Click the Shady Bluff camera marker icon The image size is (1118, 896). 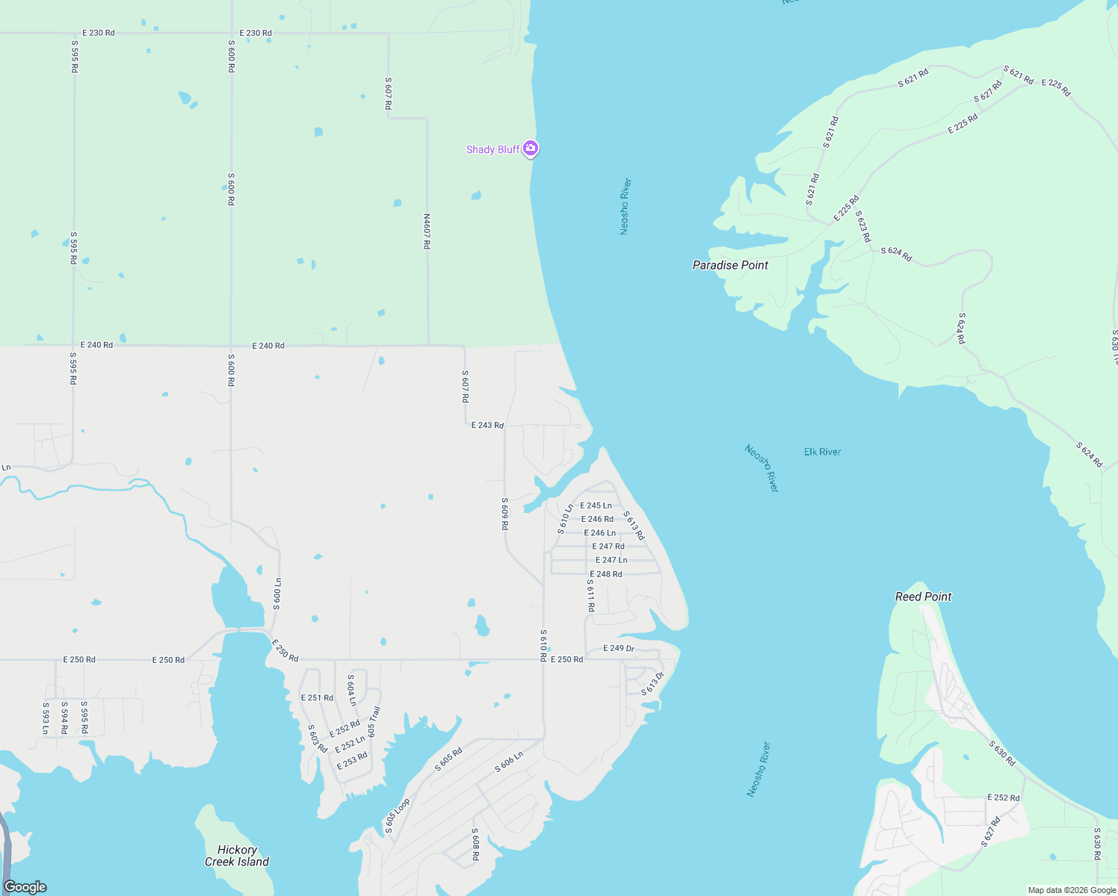531,149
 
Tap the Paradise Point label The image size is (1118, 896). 730,265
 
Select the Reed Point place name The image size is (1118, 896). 923,597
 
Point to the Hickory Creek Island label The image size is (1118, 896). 237,856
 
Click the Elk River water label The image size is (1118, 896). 822,452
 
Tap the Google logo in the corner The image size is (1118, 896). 25,886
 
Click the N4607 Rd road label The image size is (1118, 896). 427,231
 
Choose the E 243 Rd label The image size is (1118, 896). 487,425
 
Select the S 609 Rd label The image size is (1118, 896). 505,514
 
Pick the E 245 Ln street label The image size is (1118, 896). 596,505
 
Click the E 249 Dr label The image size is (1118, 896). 619,648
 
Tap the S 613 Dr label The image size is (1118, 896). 652,683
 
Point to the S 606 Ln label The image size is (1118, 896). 509,762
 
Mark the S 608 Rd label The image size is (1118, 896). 475,844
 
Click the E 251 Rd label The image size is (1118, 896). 317,697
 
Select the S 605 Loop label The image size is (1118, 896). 397,816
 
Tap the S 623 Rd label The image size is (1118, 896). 863,226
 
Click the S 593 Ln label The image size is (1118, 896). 46,718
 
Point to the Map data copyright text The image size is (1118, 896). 1071,890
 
